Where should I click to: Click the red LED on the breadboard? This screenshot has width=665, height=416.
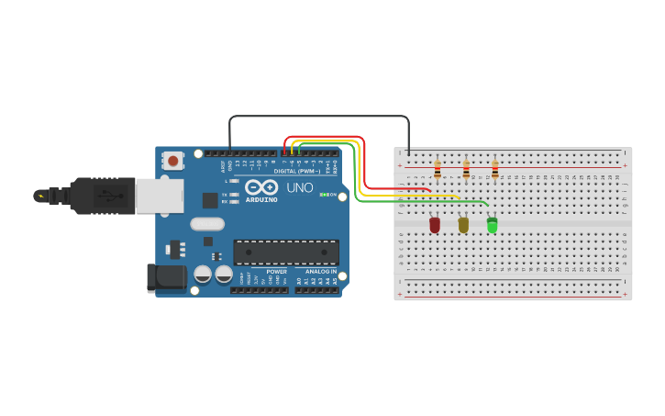(435, 224)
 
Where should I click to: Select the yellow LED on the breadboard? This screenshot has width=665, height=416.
(463, 224)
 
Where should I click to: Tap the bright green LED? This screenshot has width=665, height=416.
(492, 224)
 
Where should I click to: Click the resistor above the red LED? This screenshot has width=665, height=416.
(438, 170)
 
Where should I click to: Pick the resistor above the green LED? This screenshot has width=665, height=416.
(495, 170)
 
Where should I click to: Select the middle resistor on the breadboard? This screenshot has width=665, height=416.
(466, 170)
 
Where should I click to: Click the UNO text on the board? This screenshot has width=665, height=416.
(300, 187)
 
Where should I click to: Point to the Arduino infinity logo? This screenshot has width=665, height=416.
(261, 186)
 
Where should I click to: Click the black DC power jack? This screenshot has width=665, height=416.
(165, 278)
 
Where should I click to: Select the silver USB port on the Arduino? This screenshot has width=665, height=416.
(159, 195)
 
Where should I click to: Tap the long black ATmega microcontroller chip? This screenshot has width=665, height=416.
(286, 253)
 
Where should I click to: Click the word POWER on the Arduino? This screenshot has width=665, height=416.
(277, 272)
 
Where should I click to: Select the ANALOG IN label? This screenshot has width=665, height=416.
(320, 272)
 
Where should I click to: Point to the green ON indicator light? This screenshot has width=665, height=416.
(322, 195)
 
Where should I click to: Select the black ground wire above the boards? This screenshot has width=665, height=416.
(318, 116)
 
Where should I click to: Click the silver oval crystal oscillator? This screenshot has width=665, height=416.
(207, 223)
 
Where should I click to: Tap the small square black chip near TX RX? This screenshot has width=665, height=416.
(210, 198)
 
